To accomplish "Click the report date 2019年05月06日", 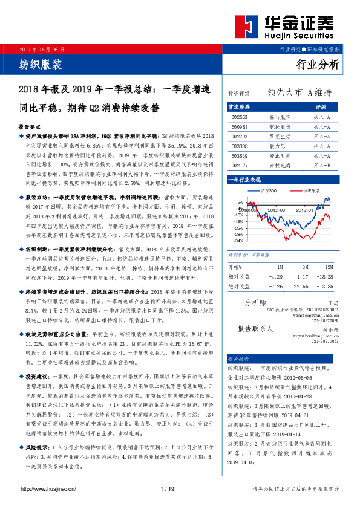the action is tap(42, 48).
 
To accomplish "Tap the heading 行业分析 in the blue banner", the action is tap(319, 64).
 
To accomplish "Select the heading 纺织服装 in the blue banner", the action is tap(41, 64).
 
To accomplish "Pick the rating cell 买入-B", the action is tap(321, 164).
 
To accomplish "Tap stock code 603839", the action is tap(240, 155).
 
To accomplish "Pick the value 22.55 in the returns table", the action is tap(300, 285).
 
